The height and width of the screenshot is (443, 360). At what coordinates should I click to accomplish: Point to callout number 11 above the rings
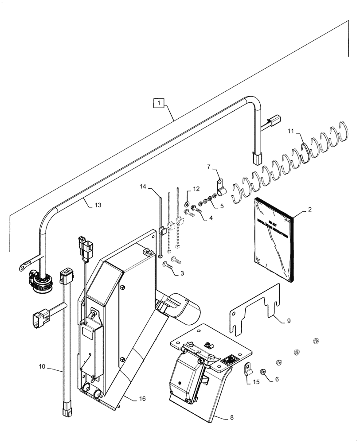[290, 132]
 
